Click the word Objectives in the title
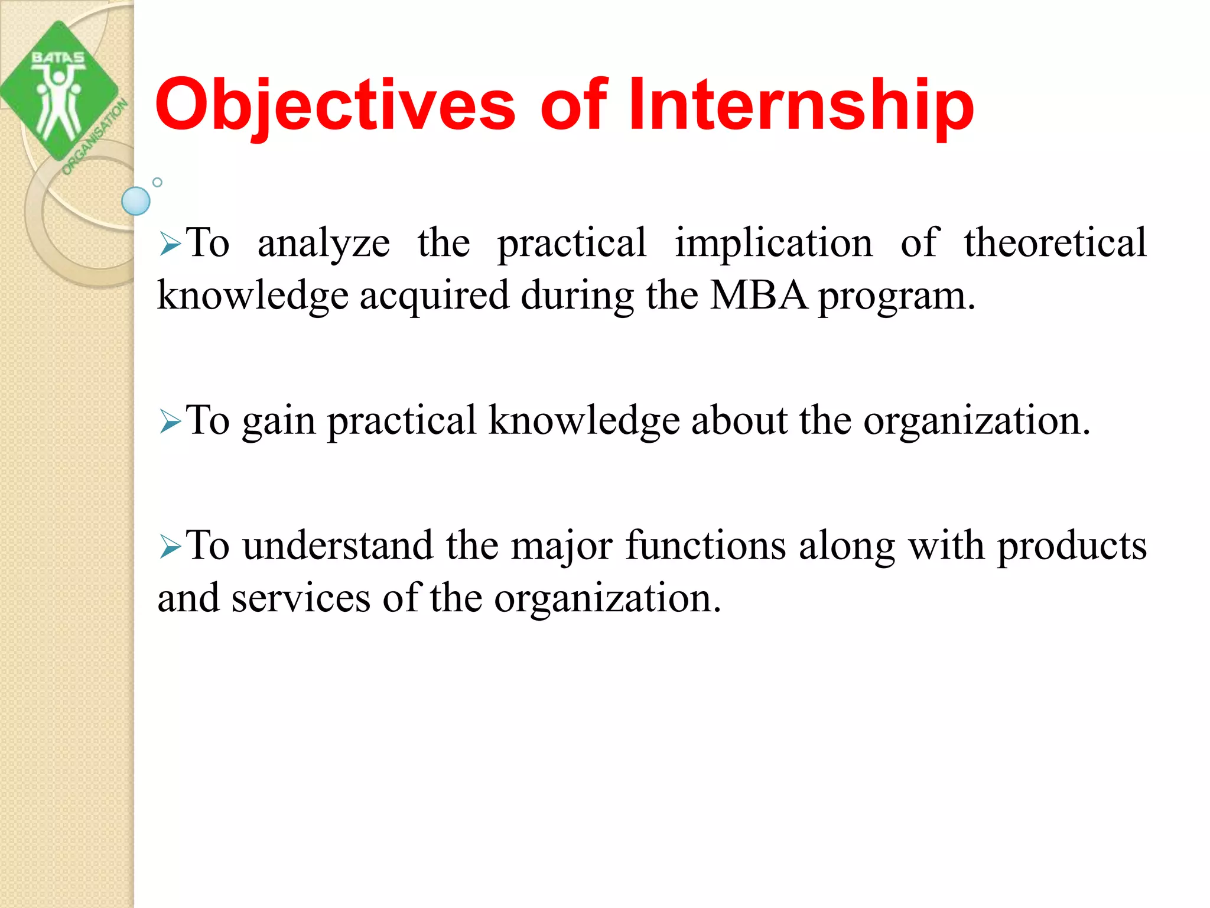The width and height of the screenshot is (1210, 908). point(335,105)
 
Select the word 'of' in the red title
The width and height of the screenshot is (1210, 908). point(573,105)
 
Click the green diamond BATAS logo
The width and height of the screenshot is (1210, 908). point(59,92)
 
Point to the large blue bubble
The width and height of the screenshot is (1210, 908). point(136,201)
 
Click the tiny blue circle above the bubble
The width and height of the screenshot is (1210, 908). point(157,182)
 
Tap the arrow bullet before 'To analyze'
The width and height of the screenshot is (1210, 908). point(170,244)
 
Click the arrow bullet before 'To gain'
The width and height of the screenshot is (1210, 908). point(170,422)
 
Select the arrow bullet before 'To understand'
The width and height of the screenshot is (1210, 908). point(170,547)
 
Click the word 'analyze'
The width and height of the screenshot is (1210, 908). point(324,244)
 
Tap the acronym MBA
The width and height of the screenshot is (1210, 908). point(758,296)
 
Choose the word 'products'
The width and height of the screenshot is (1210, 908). point(1072,547)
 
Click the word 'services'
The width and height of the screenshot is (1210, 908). point(301,599)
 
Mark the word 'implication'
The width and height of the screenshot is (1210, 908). point(773,244)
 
